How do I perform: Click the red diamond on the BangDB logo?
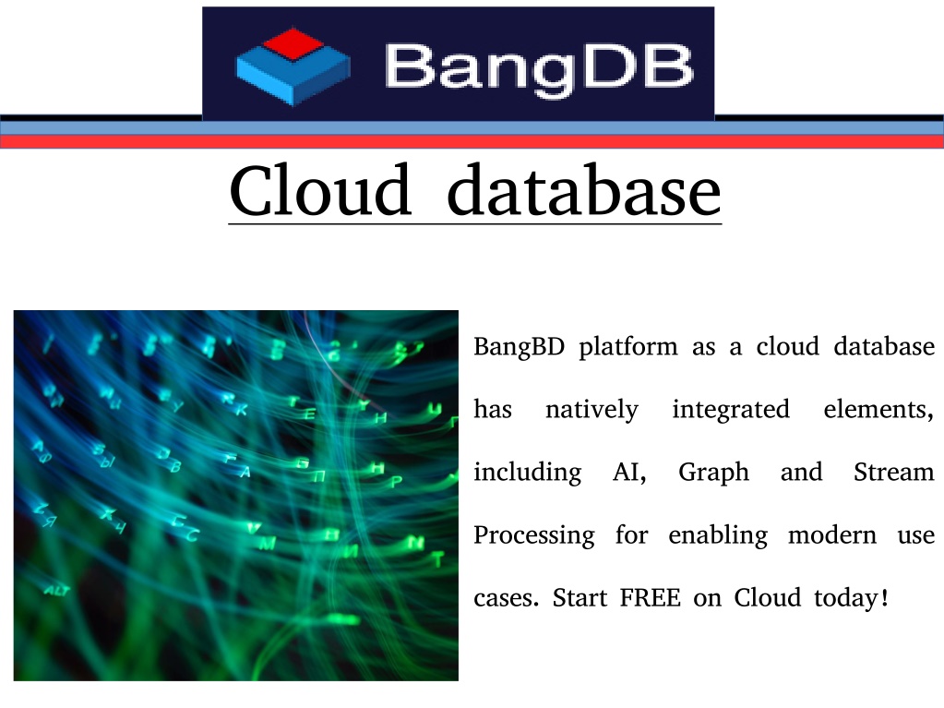[293, 43]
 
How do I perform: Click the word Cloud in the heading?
[320, 190]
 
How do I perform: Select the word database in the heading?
[584, 190]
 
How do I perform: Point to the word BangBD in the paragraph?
[519, 346]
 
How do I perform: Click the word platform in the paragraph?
[627, 348]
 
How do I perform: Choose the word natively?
[591, 411]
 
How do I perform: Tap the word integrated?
[731, 411]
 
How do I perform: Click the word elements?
[878, 410]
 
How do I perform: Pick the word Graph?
[713, 474]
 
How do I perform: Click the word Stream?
[894, 472]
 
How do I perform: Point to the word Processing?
[534, 535]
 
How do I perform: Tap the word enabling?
[718, 535]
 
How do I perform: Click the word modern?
[832, 534]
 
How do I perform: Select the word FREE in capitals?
[651, 598]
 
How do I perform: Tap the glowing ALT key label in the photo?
[57, 591]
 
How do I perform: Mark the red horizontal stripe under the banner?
[472, 142]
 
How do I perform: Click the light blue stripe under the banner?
[472, 128]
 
